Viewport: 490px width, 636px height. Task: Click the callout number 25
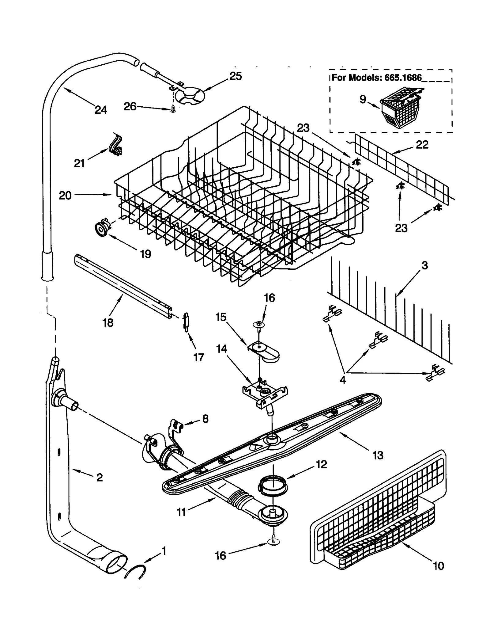(235, 76)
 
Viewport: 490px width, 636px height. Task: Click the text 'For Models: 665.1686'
(376, 78)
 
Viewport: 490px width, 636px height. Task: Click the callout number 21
(79, 163)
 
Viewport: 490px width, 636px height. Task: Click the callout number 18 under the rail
(108, 322)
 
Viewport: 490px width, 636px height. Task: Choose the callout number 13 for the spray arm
(378, 455)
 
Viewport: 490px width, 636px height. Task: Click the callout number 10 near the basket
(439, 566)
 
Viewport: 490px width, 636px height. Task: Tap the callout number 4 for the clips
(343, 379)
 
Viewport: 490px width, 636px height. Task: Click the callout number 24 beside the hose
(101, 109)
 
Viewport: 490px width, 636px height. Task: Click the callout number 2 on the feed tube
(100, 477)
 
